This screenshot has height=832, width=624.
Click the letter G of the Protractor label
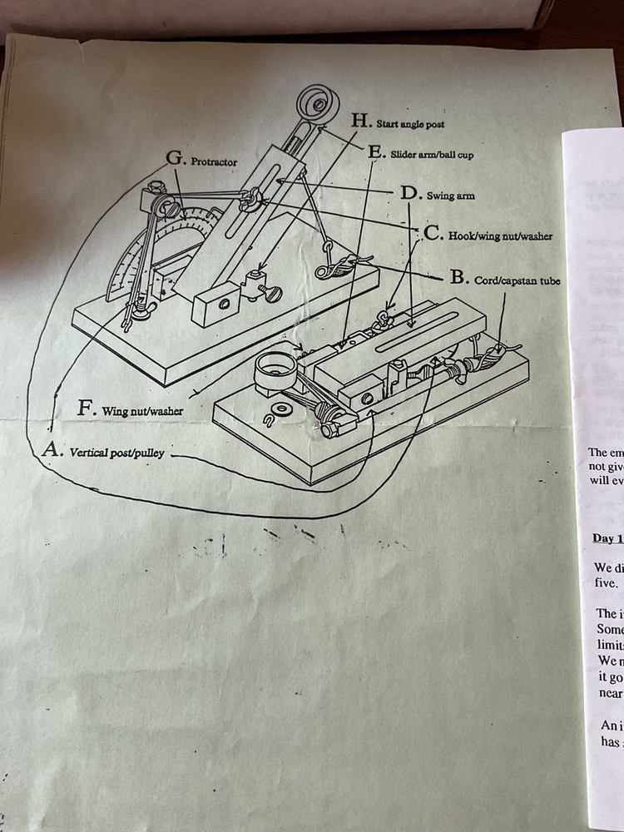(176, 157)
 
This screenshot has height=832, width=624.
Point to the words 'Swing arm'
(450, 196)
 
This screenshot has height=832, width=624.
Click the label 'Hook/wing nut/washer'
(500, 236)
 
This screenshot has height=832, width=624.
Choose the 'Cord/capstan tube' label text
(517, 280)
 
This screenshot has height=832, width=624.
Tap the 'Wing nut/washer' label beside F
(142, 410)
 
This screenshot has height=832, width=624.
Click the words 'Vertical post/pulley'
(116, 453)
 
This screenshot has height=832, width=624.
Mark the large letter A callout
(52, 450)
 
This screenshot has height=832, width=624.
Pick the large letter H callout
(360, 120)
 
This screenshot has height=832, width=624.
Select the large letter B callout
(458, 277)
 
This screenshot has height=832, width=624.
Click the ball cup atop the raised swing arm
(315, 104)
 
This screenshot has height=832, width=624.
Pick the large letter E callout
(375, 151)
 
